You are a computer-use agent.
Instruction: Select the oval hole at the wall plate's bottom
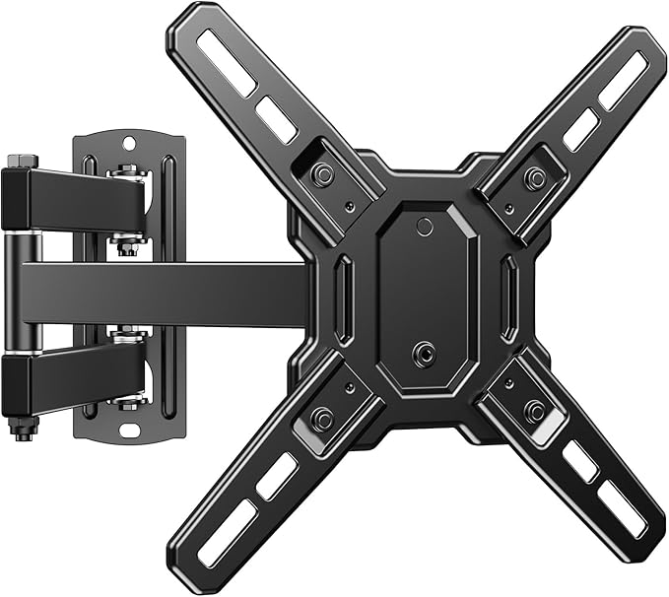124,430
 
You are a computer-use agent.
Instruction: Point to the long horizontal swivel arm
167,294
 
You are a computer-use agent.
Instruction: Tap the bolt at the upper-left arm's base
321,175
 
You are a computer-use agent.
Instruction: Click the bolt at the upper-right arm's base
535,177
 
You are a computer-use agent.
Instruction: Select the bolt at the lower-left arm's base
321,418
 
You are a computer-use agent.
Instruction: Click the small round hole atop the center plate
425,227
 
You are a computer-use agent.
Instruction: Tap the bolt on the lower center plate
425,352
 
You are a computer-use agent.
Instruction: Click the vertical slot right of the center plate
508,289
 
